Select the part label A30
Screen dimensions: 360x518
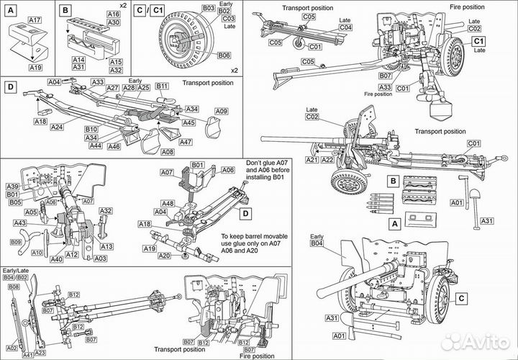113,22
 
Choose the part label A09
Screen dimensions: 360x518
222,111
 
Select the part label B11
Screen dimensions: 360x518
161,86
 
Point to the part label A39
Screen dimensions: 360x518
13,186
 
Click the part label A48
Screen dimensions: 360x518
167,204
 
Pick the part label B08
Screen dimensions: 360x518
13,287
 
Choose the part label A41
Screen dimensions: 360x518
27,354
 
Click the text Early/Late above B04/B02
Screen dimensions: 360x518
16,270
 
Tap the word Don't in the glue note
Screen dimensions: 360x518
255,163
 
